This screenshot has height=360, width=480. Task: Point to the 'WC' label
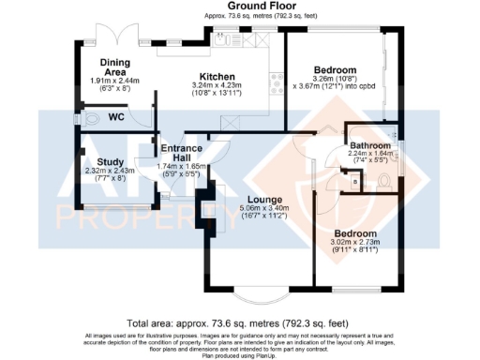click(x=117, y=118)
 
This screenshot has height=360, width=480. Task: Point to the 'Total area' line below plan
click(x=239, y=319)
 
